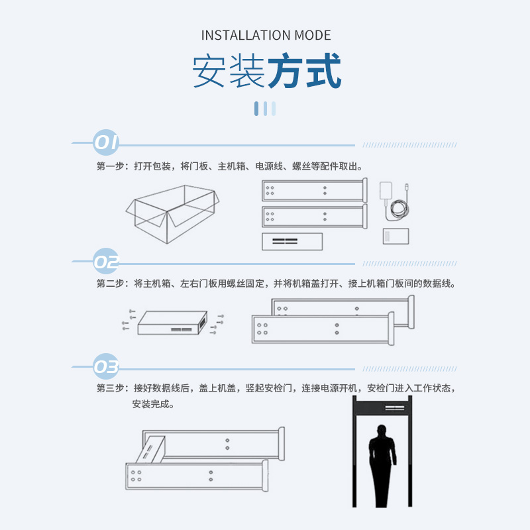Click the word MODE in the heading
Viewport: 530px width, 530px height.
click(x=313, y=35)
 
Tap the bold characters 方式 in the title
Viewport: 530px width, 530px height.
click(x=305, y=71)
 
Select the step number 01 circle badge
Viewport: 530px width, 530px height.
click(x=106, y=142)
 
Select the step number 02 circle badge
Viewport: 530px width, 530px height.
click(x=106, y=261)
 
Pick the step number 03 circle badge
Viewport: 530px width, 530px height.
click(x=106, y=366)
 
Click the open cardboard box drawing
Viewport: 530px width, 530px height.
click(x=172, y=213)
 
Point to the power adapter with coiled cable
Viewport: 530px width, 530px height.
click(x=394, y=202)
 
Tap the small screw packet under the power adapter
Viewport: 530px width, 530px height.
click(x=396, y=236)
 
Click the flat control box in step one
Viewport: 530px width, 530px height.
click(x=292, y=241)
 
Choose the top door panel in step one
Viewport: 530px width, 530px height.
click(x=315, y=190)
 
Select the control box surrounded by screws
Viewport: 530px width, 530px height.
click(x=172, y=323)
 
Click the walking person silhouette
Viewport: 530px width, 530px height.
click(x=382, y=466)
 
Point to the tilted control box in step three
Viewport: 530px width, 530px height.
click(x=151, y=450)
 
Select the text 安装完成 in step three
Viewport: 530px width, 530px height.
click(x=150, y=404)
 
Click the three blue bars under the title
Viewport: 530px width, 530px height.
click(x=265, y=109)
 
